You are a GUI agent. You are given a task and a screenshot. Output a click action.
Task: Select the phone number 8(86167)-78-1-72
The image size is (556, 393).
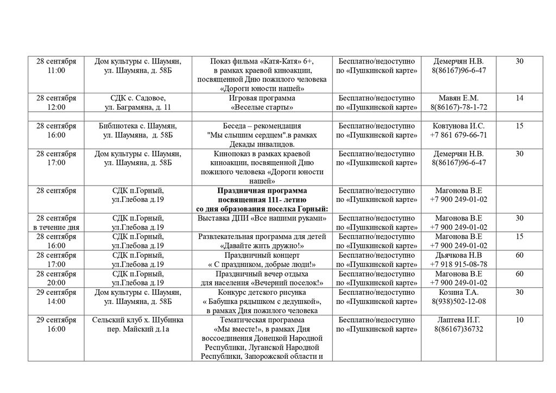click(459, 107)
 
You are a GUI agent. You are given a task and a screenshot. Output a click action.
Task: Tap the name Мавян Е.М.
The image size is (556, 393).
click(459, 98)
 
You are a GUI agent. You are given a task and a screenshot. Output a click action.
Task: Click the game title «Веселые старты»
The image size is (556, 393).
click(262, 107)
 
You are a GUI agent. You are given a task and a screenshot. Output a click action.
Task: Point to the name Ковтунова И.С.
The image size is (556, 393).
click(459, 126)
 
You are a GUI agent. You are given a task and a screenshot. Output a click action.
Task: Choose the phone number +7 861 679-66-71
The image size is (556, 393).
click(459, 135)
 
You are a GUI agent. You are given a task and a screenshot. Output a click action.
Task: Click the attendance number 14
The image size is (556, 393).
click(519, 98)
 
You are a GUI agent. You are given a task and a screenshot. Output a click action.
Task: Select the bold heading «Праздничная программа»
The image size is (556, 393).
click(262, 191)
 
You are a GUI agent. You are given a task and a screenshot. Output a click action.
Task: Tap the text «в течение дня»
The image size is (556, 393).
click(56, 227)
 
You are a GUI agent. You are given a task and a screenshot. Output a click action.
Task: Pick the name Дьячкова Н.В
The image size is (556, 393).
click(459, 255)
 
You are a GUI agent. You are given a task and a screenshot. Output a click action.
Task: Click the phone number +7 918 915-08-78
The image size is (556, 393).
click(459, 264)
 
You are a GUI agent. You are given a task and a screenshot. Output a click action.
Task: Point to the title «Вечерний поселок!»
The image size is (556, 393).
click(287, 283)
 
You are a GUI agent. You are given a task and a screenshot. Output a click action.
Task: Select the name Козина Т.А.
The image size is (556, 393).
click(459, 292)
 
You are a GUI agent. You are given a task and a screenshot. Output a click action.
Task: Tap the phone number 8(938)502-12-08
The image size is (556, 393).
click(459, 301)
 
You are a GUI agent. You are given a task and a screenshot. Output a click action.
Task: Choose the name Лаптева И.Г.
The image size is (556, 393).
click(459, 320)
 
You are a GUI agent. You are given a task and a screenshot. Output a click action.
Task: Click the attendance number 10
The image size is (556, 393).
click(519, 320)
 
